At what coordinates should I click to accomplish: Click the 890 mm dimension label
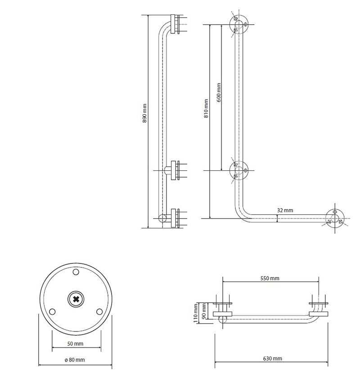(x=144, y=113)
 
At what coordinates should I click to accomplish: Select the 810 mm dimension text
(x=206, y=108)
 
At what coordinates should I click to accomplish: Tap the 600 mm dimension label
(x=219, y=92)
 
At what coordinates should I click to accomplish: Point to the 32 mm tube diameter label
(x=285, y=210)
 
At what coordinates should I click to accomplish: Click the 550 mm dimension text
(x=270, y=278)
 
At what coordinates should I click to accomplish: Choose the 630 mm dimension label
(x=273, y=359)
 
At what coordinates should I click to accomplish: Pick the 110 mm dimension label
(x=196, y=313)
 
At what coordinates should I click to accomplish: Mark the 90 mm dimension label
(x=204, y=311)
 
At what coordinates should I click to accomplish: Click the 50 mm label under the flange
(x=75, y=344)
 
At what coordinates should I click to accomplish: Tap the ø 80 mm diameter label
(x=75, y=360)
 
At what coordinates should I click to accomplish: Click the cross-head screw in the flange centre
(x=76, y=299)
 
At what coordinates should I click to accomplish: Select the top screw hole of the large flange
(x=76, y=272)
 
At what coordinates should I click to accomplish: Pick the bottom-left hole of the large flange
(x=52, y=312)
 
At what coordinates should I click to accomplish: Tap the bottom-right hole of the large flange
(x=99, y=312)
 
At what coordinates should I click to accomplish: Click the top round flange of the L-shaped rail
(x=239, y=25)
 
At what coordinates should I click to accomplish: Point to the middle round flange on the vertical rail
(x=239, y=170)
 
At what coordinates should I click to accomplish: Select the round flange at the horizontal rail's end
(x=335, y=218)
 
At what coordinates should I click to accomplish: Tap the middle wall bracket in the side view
(x=175, y=170)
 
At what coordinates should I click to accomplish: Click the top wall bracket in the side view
(x=175, y=24)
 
